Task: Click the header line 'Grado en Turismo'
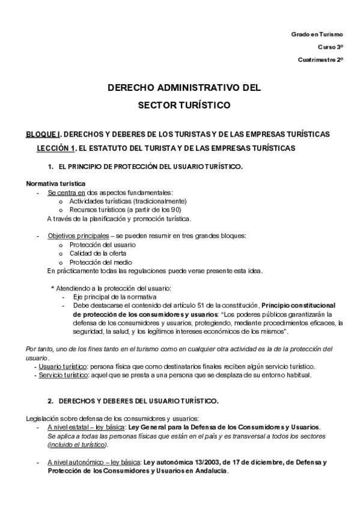point(317,35)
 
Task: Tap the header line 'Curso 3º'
point(330,47)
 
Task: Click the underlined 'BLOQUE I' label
point(43,134)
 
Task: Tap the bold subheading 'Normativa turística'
point(56,183)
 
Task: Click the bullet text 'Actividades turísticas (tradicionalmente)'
point(128,201)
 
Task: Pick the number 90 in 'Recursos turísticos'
point(175,209)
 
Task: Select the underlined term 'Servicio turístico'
point(63,375)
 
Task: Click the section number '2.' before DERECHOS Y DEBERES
point(51,401)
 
